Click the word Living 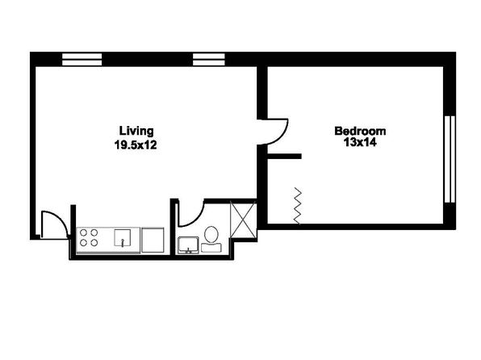[x=136, y=132]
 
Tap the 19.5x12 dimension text [x=136, y=144]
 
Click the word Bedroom [x=360, y=131]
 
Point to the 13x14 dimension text [x=360, y=142]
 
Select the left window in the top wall [x=82, y=60]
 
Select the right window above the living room [x=209, y=60]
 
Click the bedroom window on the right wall [x=450, y=159]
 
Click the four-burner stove [x=89, y=238]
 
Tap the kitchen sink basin [x=123, y=238]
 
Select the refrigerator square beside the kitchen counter [x=153, y=240]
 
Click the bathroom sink [x=188, y=245]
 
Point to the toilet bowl [x=211, y=234]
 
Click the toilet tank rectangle [x=211, y=248]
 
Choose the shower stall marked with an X [x=243, y=219]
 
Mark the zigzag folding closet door [x=298, y=205]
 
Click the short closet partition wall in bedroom [x=284, y=157]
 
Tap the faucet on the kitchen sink [x=123, y=243]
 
